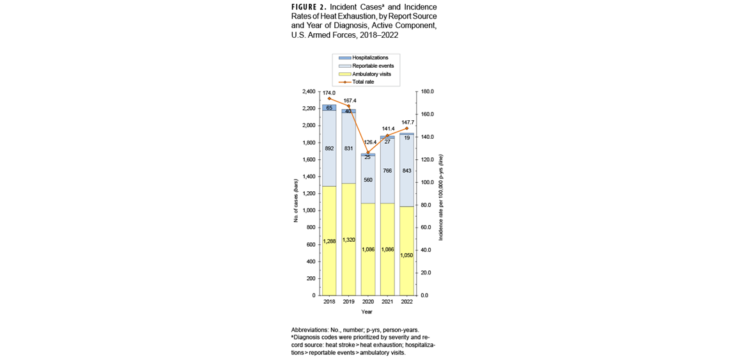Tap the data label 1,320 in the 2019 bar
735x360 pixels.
pyautogui.click(x=348, y=240)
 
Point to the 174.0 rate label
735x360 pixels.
pyautogui.click(x=329, y=93)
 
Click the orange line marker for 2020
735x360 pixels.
pyautogui.click(x=368, y=152)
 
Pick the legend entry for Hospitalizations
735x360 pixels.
pyautogui.click(x=370, y=58)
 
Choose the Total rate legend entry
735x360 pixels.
pyautogui.click(x=363, y=82)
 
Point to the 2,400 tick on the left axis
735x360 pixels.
pyautogui.click(x=308, y=91)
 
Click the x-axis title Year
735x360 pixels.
pyautogui.click(x=367, y=311)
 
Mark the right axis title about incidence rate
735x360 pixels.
pyautogui.click(x=440, y=197)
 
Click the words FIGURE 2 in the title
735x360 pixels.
pyautogui.click(x=309, y=7)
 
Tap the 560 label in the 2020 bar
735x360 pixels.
pyautogui.click(x=367, y=180)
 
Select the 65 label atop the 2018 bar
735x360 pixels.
pyautogui.click(x=329, y=108)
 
